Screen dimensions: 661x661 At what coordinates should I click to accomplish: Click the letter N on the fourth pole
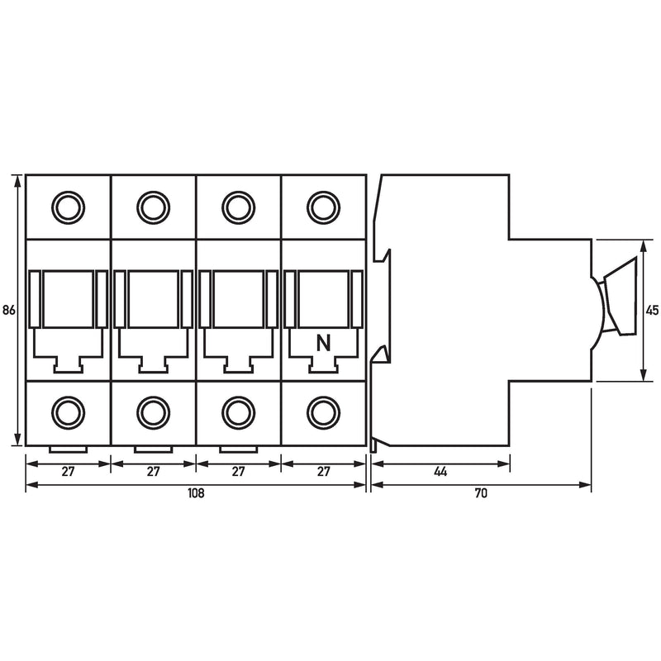click(x=323, y=343)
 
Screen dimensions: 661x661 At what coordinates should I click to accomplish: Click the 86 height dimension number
click(x=9, y=311)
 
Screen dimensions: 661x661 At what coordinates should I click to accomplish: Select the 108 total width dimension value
click(x=196, y=492)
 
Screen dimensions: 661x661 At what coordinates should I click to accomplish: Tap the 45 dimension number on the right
click(x=652, y=311)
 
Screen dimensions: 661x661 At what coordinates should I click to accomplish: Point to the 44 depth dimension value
click(x=440, y=471)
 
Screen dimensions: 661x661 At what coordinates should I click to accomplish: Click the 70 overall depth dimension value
click(x=481, y=492)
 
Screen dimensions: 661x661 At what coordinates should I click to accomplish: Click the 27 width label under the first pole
click(x=68, y=471)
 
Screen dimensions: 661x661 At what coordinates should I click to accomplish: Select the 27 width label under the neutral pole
click(x=323, y=471)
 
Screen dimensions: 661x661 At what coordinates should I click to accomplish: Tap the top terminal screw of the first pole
click(x=68, y=207)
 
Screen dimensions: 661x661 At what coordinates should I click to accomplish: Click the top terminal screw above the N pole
click(x=323, y=207)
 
